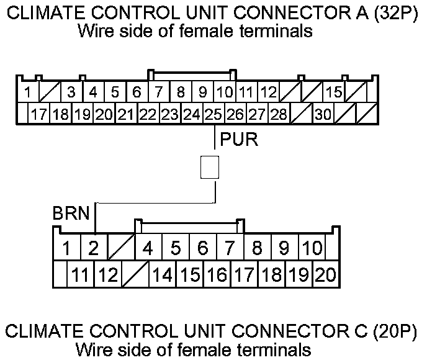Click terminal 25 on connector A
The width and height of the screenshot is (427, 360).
click(213, 114)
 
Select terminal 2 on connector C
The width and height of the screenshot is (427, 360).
click(93, 249)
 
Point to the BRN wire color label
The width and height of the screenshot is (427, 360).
click(72, 215)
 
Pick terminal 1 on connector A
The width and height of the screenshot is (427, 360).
click(28, 93)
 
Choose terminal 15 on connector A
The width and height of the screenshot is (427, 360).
click(334, 93)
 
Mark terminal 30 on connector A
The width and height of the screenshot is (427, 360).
click(323, 114)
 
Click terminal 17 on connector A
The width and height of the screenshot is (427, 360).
click(40, 114)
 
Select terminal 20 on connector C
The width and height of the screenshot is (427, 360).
click(325, 274)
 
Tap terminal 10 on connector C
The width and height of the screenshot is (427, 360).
click(311, 249)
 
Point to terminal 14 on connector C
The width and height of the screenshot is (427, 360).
click(162, 274)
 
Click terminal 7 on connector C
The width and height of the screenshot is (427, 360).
click(230, 249)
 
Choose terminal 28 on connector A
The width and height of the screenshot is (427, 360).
click(279, 114)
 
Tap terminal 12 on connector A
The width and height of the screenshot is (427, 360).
click(268, 93)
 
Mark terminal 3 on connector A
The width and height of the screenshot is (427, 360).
click(71, 93)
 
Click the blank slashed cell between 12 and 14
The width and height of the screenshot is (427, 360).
click(135, 274)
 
